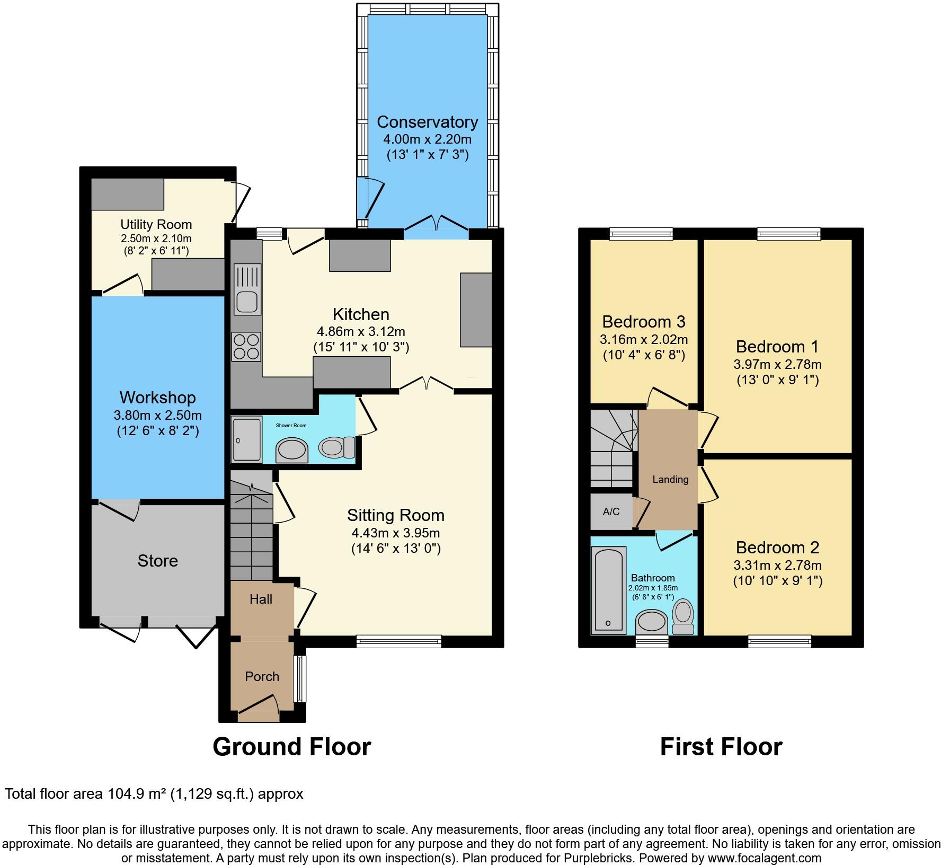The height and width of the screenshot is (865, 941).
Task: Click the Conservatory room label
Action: (427, 122)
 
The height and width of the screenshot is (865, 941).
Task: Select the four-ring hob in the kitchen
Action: (246, 346)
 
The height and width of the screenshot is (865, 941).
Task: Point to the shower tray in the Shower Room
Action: (246, 439)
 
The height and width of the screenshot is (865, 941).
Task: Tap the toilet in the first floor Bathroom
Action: (683, 616)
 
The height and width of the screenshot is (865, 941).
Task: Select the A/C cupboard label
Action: (611, 511)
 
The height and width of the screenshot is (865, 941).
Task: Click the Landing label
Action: (670, 479)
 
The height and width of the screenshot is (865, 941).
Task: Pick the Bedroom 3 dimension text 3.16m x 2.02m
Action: (644, 339)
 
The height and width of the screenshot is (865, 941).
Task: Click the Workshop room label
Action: (157, 398)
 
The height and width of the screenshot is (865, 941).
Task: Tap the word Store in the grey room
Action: (157, 561)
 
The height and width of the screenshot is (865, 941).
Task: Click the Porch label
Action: (262, 676)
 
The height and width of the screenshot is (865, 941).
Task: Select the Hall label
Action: (261, 599)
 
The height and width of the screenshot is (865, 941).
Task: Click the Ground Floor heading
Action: (291, 746)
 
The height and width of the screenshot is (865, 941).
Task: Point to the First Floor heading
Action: (721, 746)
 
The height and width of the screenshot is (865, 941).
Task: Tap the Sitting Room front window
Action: (398, 641)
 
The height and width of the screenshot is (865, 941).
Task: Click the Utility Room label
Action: (156, 224)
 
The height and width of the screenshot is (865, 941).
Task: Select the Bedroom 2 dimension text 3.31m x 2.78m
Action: (777, 565)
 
